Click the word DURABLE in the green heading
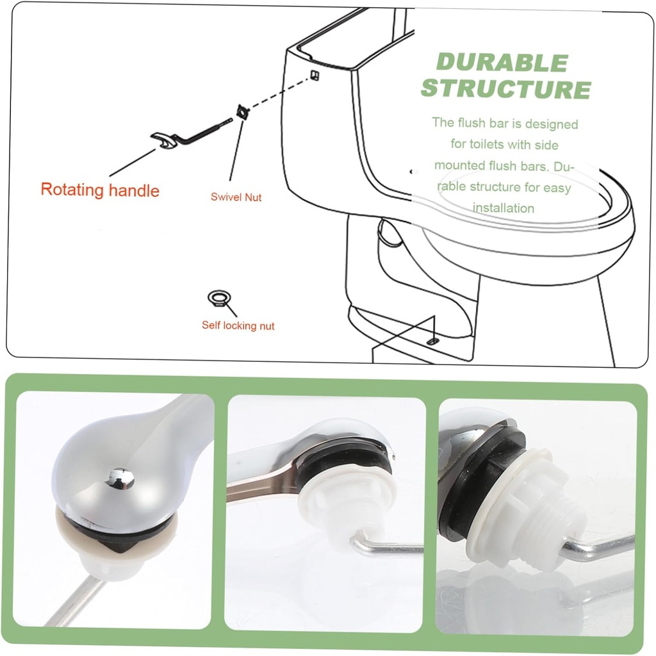(x=502, y=63)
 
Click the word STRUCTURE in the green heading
(x=505, y=89)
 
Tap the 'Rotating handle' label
(x=100, y=190)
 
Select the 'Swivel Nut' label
(x=236, y=197)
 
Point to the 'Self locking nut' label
(x=238, y=325)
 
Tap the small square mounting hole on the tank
(x=314, y=75)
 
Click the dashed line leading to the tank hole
(x=279, y=94)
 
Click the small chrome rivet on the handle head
(x=119, y=477)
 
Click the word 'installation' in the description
(x=504, y=208)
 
